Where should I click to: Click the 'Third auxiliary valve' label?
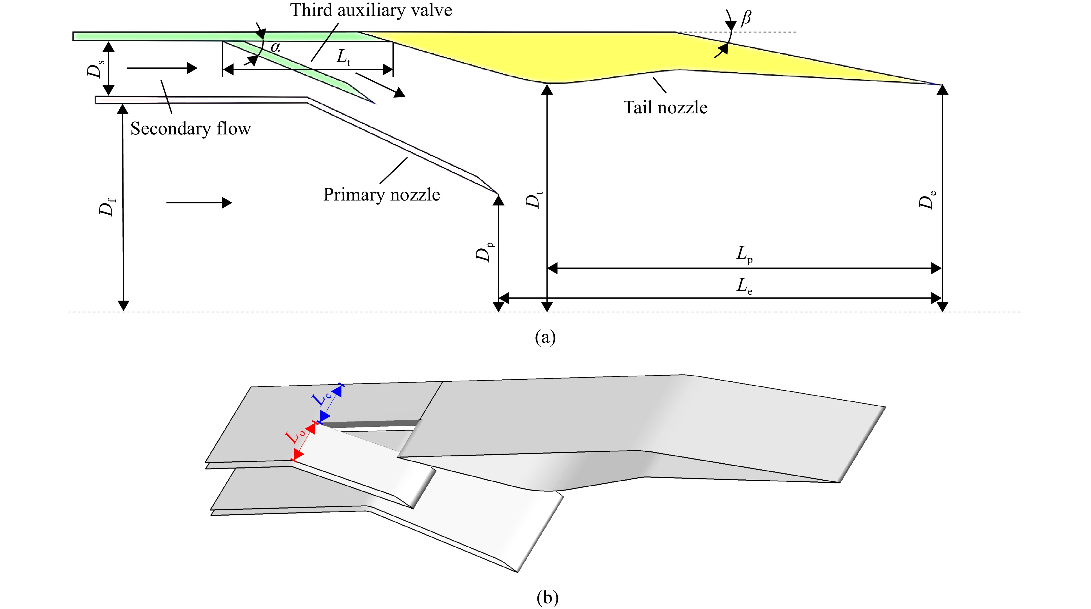pos(371,10)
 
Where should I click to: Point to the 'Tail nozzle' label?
pos(665,108)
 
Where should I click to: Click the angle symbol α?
pos(275,47)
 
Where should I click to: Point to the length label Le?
pos(744,286)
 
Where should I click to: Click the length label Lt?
pos(343,57)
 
